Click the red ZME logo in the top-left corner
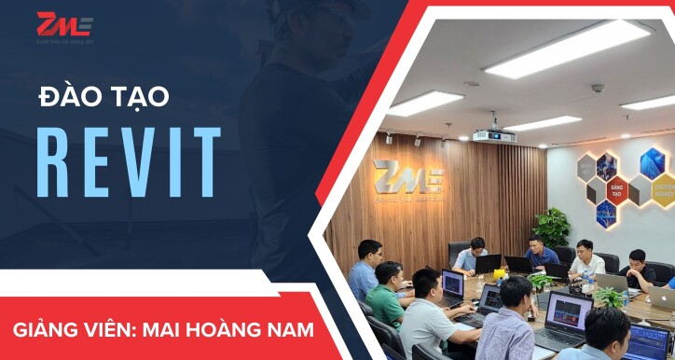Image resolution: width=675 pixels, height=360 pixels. point(64,25)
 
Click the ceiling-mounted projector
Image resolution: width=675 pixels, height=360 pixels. point(493,135)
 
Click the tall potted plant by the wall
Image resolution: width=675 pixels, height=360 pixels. point(552,227)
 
